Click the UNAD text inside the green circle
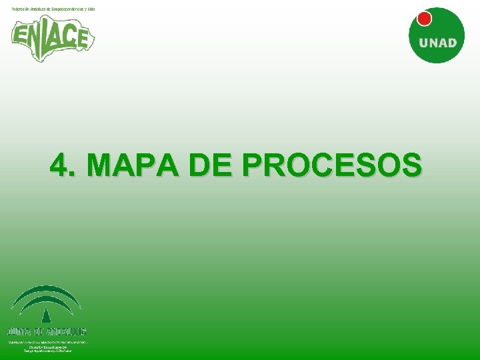(x=437, y=43)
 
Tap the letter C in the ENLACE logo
(x=69, y=35)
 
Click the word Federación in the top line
(x=21, y=8)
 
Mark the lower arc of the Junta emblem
(x=46, y=302)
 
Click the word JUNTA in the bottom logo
(x=19, y=331)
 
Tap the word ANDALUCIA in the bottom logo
(x=67, y=331)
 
